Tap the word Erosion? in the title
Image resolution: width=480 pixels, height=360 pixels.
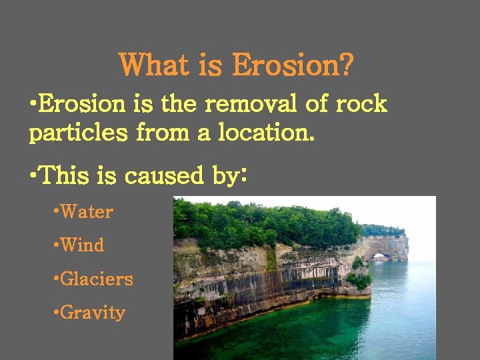[293, 66]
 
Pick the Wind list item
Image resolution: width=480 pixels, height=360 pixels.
[82, 245]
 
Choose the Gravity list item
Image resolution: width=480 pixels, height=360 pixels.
[93, 313]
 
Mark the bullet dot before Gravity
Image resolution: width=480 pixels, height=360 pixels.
[56, 313]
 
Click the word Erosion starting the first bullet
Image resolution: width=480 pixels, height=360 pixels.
[81, 104]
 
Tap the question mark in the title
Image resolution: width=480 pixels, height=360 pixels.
[346, 66]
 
